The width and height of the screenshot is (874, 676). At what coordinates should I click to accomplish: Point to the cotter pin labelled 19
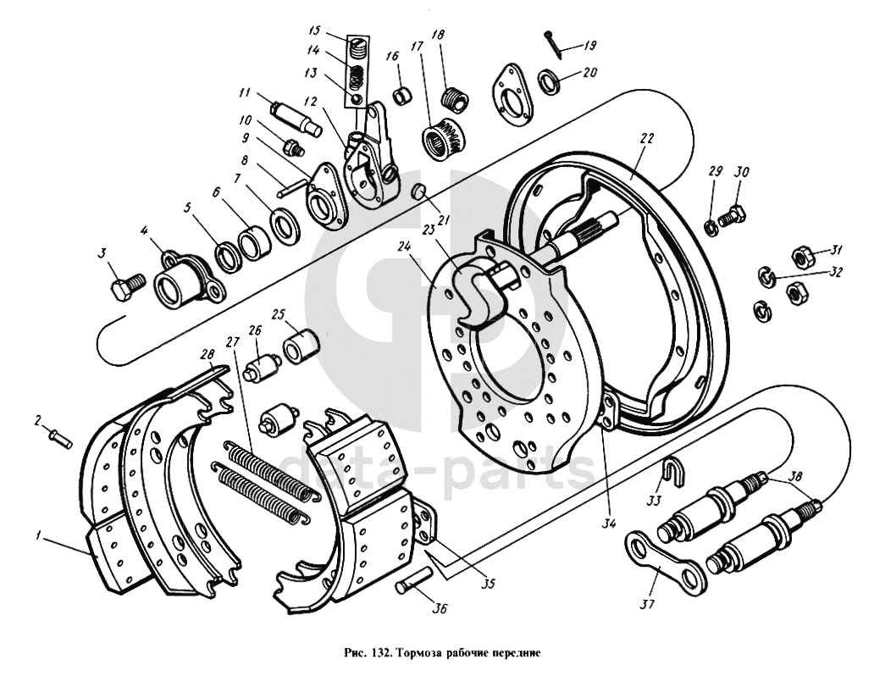(554, 42)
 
